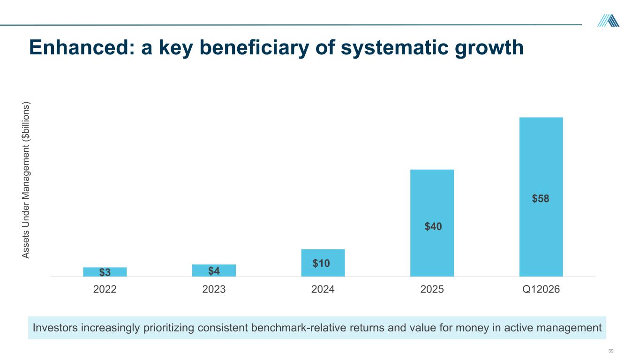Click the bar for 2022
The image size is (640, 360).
point(105,272)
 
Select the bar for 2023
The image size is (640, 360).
point(214,270)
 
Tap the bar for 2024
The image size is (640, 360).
point(323,263)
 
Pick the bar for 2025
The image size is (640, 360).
point(432,223)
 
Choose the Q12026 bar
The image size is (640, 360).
point(541,197)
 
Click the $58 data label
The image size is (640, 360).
point(541,199)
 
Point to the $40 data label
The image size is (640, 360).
point(433,226)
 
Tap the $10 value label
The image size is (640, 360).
point(321,263)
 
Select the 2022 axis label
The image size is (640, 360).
point(105,289)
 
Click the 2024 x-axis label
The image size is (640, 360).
point(323,289)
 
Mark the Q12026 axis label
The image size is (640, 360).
point(541,289)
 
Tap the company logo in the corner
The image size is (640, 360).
point(608,21)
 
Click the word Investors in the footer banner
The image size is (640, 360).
point(55,328)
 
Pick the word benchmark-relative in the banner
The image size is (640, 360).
point(299,328)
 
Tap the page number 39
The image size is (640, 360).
point(611,351)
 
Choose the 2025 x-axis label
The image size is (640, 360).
point(432,289)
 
